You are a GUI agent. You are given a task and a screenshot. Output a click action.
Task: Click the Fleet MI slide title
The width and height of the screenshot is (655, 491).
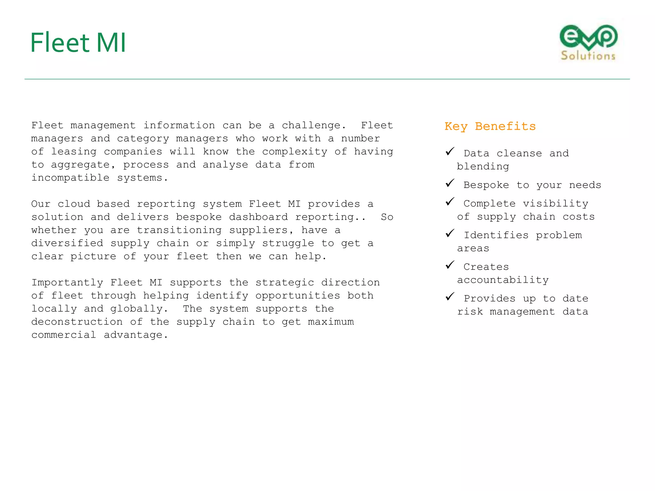pyautogui.click(x=78, y=43)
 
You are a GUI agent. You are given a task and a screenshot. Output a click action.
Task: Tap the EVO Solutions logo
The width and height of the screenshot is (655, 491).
pyautogui.click(x=588, y=43)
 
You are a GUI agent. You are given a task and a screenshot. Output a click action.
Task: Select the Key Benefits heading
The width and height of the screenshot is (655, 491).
pyautogui.click(x=490, y=127)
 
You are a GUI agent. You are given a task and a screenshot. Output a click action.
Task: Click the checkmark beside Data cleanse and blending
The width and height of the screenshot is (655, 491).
pyautogui.click(x=450, y=152)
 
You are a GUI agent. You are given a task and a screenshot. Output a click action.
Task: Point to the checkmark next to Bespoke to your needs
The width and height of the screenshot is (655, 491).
pyautogui.click(x=450, y=183)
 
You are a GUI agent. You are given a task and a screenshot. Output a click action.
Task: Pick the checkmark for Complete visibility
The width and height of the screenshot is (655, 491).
pyautogui.click(x=450, y=202)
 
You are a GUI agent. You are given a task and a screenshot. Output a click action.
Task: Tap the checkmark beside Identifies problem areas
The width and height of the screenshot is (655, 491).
pyautogui.click(x=450, y=233)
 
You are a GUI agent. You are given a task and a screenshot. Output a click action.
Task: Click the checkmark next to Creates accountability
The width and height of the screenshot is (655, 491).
pyautogui.click(x=450, y=265)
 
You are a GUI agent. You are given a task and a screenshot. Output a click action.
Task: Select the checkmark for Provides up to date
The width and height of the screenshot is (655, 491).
pyautogui.click(x=450, y=297)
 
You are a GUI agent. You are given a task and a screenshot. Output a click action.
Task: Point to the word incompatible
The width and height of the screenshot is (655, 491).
pyautogui.click(x=70, y=178)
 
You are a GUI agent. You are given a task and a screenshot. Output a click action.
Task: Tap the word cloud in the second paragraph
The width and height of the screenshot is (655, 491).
pyautogui.click(x=74, y=204)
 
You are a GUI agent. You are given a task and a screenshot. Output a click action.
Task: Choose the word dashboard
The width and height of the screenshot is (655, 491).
pyautogui.click(x=258, y=217)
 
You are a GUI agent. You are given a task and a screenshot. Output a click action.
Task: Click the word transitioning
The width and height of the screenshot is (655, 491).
pyautogui.click(x=179, y=230)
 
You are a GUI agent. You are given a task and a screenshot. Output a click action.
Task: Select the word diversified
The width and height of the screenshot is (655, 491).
pyautogui.click(x=67, y=243)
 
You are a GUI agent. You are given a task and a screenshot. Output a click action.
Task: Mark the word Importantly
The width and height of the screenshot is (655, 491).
pyautogui.click(x=67, y=283)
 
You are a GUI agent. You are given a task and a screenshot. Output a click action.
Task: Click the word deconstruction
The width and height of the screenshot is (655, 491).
pyautogui.click(x=77, y=322)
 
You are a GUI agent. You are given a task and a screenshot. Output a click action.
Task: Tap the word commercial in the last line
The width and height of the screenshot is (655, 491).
pyautogui.click(x=64, y=335)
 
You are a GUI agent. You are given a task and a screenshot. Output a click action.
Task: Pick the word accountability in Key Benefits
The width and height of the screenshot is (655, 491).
pyautogui.click(x=503, y=280)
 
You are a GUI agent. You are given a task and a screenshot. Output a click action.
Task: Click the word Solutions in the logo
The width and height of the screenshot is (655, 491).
pyautogui.click(x=588, y=56)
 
